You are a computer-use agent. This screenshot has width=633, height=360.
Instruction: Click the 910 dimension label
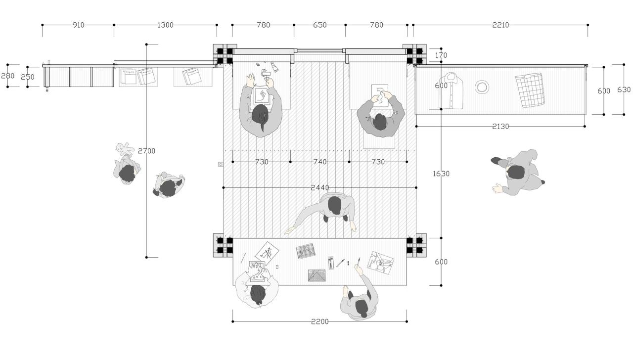point(78,25)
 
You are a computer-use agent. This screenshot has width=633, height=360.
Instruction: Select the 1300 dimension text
point(165,25)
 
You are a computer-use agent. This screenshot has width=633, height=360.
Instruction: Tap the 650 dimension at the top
point(320,25)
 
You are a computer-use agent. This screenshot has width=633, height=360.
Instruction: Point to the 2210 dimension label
point(500,25)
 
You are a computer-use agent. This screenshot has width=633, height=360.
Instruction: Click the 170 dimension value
point(441,55)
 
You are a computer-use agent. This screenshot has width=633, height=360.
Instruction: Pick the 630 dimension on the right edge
point(624,90)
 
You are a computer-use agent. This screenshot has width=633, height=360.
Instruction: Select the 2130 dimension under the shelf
point(500,127)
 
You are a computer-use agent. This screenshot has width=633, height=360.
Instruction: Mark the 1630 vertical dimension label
point(441,174)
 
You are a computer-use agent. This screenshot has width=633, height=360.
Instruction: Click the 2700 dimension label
point(146,151)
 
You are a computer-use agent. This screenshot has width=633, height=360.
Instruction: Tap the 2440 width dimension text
point(320,188)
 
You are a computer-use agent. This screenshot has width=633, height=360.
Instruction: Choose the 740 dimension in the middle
point(320,162)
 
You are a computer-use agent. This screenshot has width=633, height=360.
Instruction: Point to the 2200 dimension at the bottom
point(320,322)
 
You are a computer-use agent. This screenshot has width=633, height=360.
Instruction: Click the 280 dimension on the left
point(8,76)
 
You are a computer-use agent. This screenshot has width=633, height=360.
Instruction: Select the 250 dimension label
point(28,77)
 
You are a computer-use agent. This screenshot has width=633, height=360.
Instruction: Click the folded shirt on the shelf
point(452,90)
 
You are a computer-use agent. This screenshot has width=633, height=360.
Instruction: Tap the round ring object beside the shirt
point(482,88)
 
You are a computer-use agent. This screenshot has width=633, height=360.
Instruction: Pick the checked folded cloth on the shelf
point(530,90)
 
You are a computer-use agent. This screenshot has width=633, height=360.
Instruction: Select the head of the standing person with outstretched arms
point(335,205)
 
